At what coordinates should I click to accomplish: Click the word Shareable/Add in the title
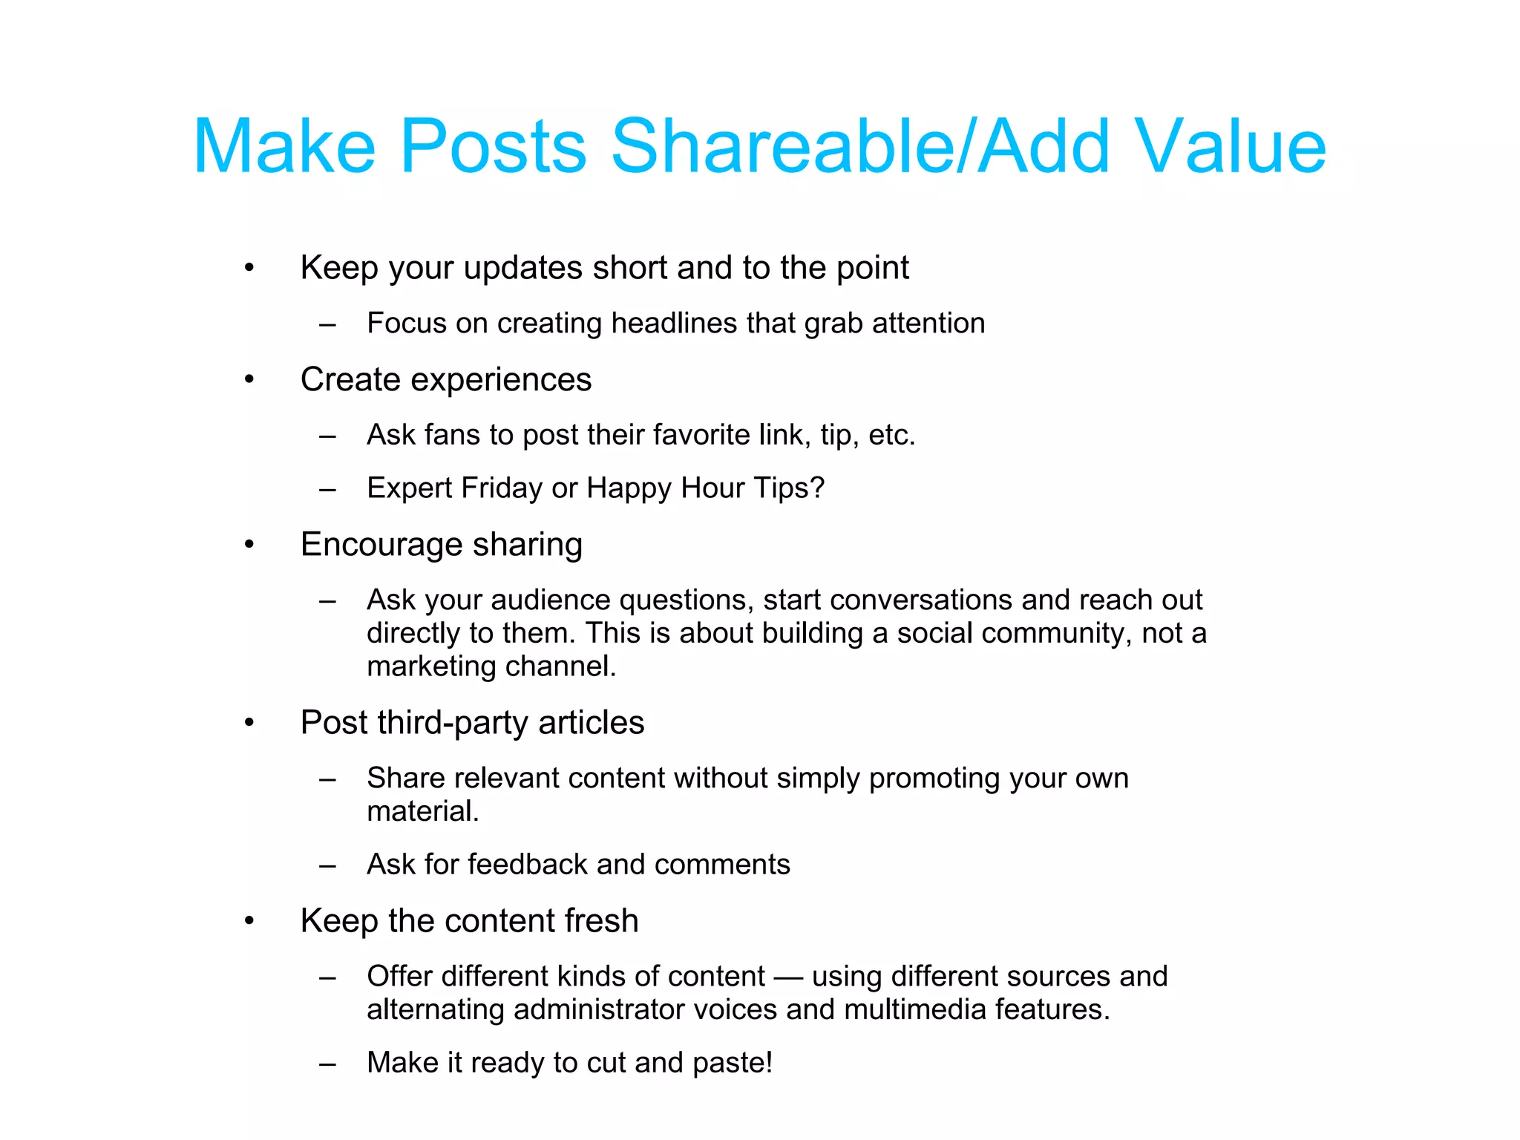(861, 146)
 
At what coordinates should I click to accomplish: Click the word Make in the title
(284, 146)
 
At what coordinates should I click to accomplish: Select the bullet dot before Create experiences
(249, 380)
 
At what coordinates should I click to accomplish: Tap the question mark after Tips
(816, 488)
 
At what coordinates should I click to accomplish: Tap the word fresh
(601, 921)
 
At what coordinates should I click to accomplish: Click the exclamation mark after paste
(769, 1062)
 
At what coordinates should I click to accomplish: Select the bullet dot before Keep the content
(249, 921)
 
